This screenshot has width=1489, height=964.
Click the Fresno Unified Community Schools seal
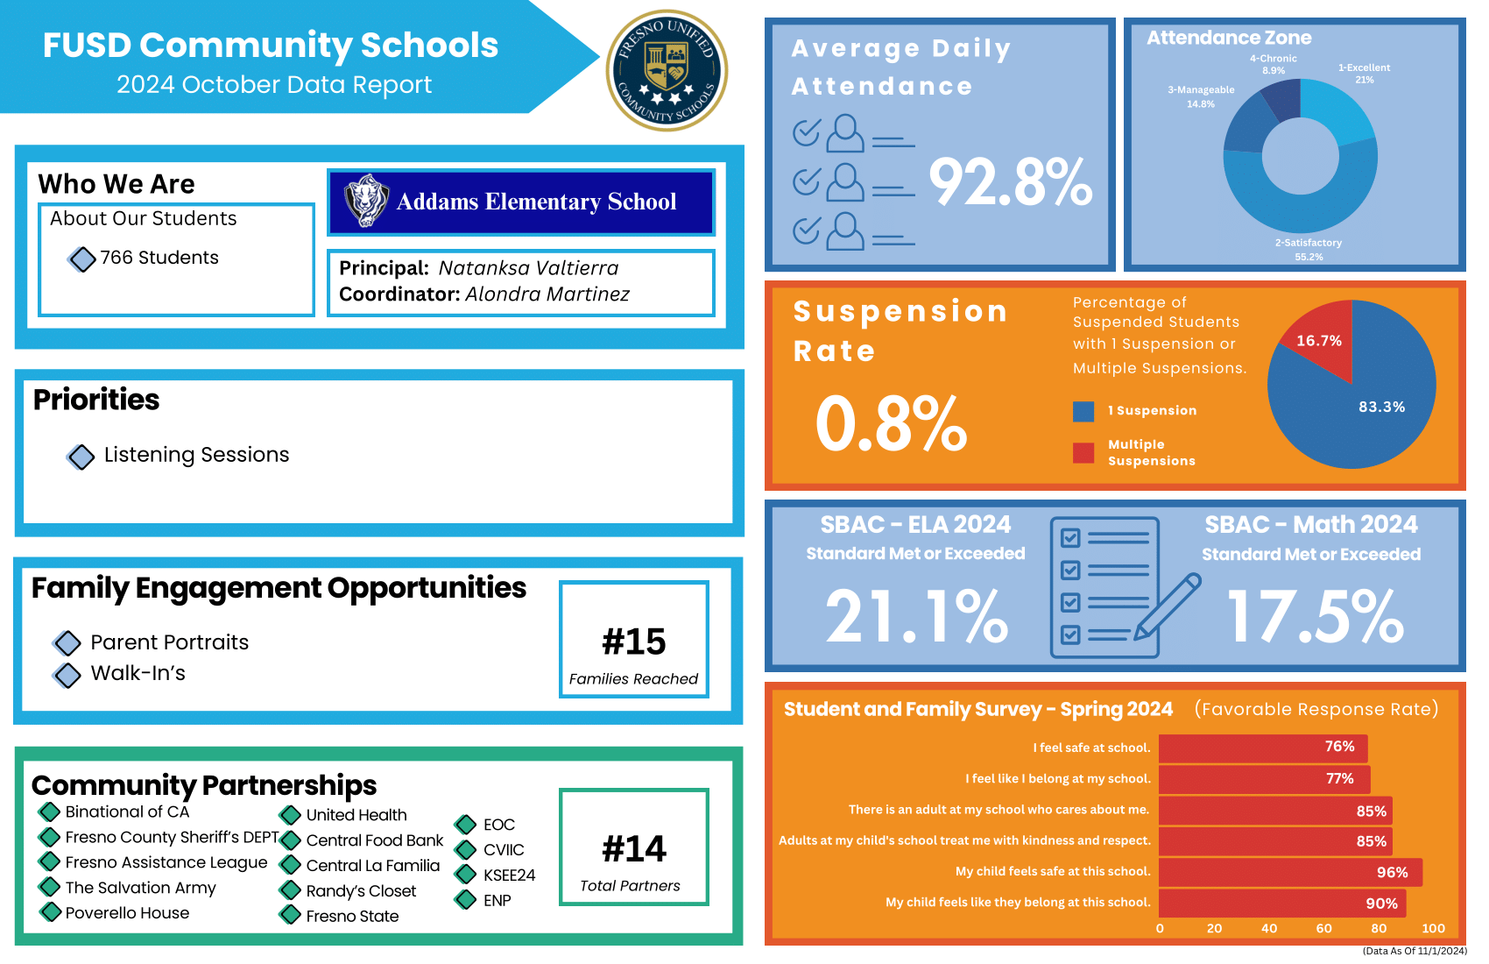tap(667, 70)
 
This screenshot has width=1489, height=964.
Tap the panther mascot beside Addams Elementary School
tap(366, 201)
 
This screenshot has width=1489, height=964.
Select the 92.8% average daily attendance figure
tap(1010, 182)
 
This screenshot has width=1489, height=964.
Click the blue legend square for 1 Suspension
tap(1083, 411)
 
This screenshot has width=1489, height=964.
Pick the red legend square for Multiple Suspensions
tap(1083, 452)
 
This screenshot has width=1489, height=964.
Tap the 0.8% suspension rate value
tap(891, 424)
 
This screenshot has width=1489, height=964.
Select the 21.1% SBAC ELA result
tap(916, 616)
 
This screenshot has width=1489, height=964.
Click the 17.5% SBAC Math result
tap(1315, 616)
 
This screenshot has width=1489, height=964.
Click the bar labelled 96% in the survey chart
tap(1289, 872)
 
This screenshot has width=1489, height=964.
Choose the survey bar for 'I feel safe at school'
tap(1262, 748)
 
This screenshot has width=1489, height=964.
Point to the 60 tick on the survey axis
tap(1323, 929)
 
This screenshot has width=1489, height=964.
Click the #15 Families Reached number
tap(634, 641)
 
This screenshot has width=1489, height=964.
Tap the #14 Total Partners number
tap(634, 848)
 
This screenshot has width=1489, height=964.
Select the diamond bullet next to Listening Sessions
tap(81, 457)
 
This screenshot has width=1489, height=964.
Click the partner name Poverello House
tap(127, 913)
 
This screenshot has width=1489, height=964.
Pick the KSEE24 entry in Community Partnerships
tap(509, 875)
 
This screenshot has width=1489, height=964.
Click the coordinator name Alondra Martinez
tap(547, 294)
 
